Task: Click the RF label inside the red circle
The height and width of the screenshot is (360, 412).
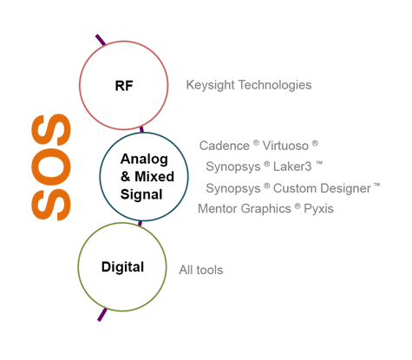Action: (x=124, y=86)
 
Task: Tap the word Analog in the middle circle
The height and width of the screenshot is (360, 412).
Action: (x=144, y=160)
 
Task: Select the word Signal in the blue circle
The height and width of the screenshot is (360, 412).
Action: (x=141, y=195)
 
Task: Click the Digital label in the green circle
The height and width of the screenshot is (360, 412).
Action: (x=122, y=267)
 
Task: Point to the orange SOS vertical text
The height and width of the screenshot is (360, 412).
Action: (x=51, y=167)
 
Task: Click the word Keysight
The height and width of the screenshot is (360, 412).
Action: (x=210, y=85)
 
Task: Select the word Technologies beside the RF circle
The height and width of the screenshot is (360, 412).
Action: (x=275, y=85)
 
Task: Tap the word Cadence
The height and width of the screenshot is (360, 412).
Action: (x=224, y=146)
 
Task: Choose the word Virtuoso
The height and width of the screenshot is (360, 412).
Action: (x=285, y=146)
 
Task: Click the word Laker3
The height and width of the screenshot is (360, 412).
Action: (x=292, y=167)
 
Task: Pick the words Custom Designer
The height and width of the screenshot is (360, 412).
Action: (x=322, y=188)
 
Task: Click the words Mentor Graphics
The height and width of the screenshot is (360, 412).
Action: (x=245, y=209)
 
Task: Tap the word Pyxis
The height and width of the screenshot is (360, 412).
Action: (x=318, y=209)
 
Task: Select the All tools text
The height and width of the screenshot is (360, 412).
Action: (x=201, y=270)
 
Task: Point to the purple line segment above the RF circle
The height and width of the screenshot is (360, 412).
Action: (x=101, y=40)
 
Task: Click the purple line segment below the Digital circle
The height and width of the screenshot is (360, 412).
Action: (x=102, y=315)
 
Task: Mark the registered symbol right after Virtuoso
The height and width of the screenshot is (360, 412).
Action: (x=315, y=143)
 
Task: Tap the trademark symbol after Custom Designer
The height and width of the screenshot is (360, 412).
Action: (x=376, y=185)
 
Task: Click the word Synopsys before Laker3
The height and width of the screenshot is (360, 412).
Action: (x=233, y=167)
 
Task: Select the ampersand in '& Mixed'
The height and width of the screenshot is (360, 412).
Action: (x=125, y=177)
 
